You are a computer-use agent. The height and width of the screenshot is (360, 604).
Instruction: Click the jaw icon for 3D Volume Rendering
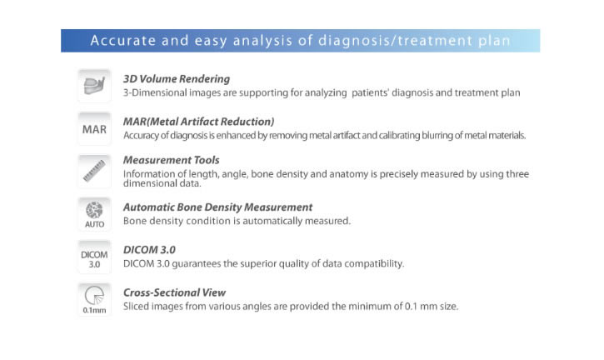[94, 86]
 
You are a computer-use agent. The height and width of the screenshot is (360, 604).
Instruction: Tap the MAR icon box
[94, 128]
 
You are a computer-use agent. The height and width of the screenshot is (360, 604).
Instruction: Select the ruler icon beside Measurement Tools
[94, 171]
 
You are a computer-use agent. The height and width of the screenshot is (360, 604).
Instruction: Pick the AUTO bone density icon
[94, 214]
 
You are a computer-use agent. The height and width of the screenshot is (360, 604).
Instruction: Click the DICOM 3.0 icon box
[94, 257]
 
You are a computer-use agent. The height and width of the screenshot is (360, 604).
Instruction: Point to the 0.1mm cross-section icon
[94, 299]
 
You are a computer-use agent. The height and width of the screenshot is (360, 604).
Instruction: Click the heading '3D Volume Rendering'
[177, 79]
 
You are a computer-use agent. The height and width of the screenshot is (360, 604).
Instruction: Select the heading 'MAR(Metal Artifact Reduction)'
[199, 122]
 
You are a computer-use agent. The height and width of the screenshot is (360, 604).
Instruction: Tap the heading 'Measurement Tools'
[172, 160]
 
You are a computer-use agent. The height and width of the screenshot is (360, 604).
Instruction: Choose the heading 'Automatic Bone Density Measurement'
[217, 207]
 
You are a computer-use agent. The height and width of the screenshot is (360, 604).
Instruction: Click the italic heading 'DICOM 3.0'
[149, 250]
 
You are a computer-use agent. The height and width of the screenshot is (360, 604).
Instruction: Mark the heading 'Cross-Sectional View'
[174, 292]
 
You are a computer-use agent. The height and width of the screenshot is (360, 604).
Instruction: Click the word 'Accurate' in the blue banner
[122, 41]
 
